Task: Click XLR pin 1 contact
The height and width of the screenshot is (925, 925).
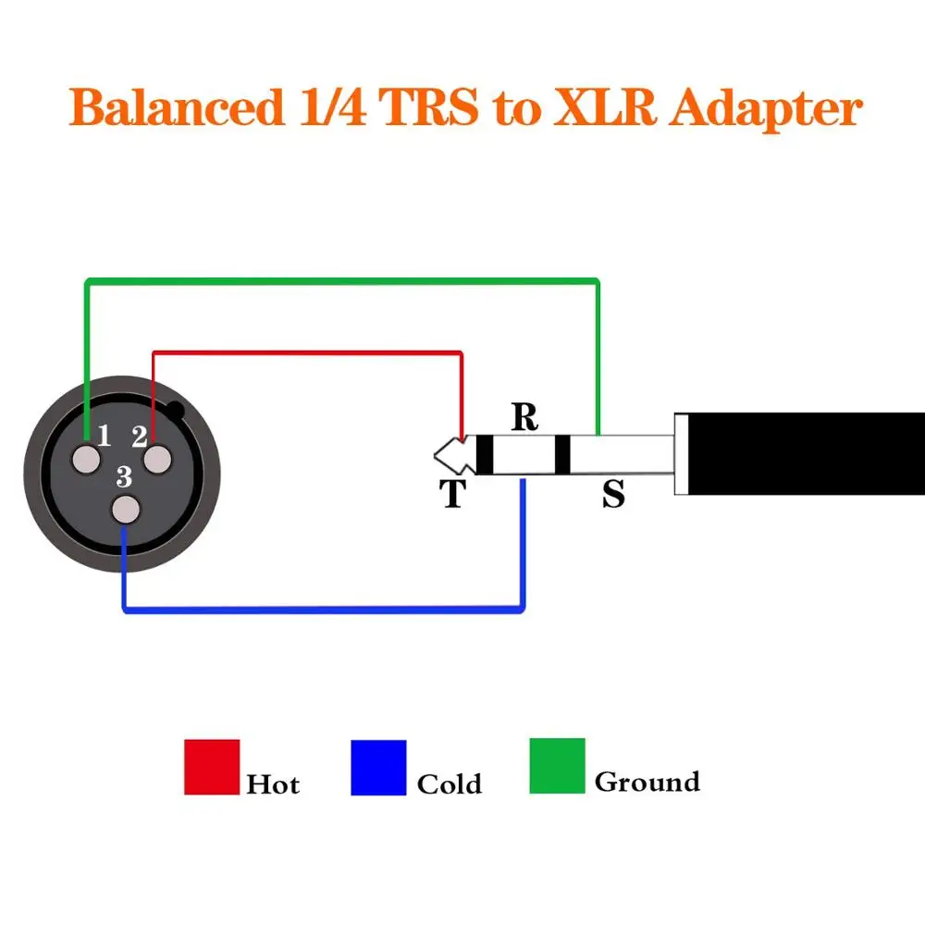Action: tap(88, 459)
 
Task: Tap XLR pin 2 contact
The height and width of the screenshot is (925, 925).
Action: tap(157, 459)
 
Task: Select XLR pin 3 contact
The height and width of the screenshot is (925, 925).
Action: tap(125, 511)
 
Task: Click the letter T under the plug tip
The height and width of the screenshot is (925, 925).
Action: tap(452, 495)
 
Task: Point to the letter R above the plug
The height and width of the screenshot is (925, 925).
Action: tap(524, 418)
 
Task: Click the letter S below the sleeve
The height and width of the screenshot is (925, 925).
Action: tap(613, 495)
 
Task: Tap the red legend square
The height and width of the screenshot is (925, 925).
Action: tap(212, 767)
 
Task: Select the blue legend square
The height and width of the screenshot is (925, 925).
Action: tap(378, 767)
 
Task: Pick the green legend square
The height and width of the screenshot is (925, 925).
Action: tap(557, 765)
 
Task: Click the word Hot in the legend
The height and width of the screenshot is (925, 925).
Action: tap(273, 784)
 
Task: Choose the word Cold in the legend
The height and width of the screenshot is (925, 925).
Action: tap(450, 784)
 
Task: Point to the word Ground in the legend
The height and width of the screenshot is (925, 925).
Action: tap(647, 783)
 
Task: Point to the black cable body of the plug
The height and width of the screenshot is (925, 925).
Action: tap(805, 454)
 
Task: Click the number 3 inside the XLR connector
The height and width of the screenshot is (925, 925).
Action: tap(125, 477)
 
